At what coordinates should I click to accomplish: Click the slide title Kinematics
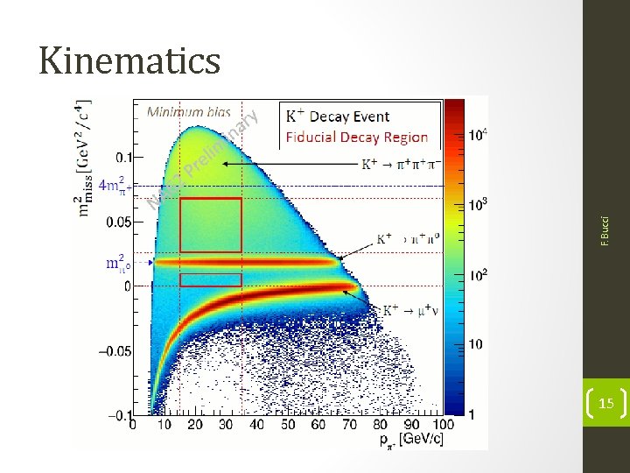pos(129,60)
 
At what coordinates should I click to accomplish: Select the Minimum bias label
pos(188,111)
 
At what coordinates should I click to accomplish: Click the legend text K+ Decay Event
pos(338,116)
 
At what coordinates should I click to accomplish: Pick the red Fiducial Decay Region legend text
pos(357,138)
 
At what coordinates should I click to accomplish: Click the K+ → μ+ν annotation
pos(410,310)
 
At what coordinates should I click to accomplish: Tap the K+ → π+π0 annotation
pos(407,237)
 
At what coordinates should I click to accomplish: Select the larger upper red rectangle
pos(210,225)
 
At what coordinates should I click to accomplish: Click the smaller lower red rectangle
pos(210,279)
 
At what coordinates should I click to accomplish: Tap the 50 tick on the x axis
pos(289,425)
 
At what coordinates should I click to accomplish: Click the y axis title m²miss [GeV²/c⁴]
pos(86,158)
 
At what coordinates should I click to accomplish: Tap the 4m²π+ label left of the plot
pos(114,185)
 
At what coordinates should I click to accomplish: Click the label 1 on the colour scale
pos(473,413)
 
